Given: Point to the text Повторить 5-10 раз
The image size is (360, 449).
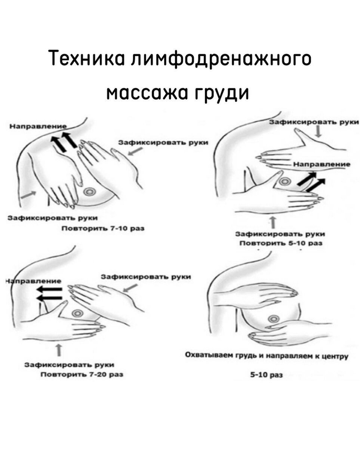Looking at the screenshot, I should [x=281, y=243].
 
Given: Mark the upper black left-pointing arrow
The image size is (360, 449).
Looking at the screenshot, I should [x=52, y=289].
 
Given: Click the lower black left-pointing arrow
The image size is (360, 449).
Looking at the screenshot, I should [x=51, y=298].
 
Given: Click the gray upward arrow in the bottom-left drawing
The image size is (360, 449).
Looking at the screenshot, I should [x=59, y=351].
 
